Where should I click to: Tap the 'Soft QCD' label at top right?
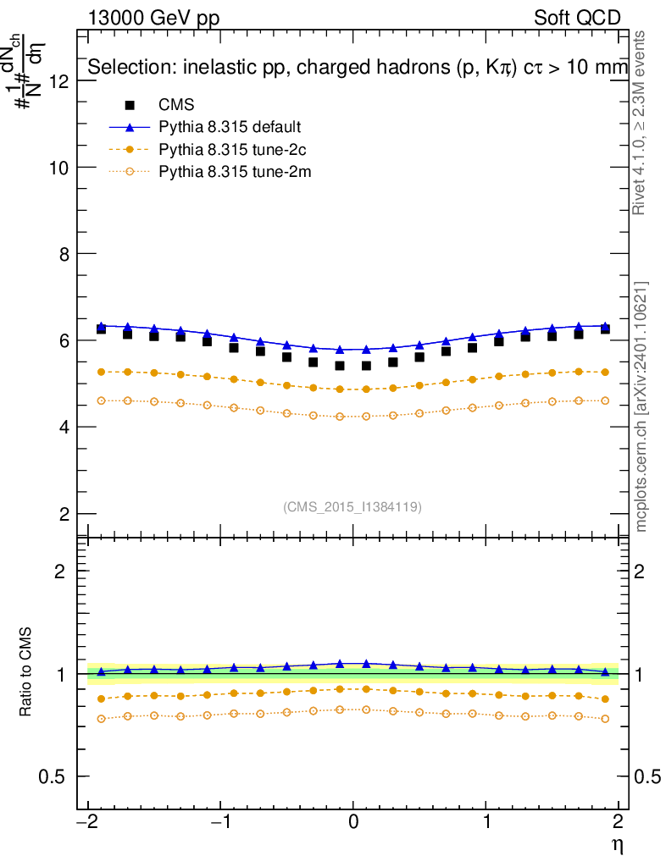click(x=577, y=18)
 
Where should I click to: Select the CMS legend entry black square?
click(x=130, y=106)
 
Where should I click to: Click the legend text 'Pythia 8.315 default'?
click(x=230, y=128)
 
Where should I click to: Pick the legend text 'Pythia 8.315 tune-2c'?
click(x=230, y=150)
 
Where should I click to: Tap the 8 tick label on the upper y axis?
click(x=63, y=253)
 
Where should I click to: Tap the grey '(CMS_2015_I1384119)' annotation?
click(x=352, y=506)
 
